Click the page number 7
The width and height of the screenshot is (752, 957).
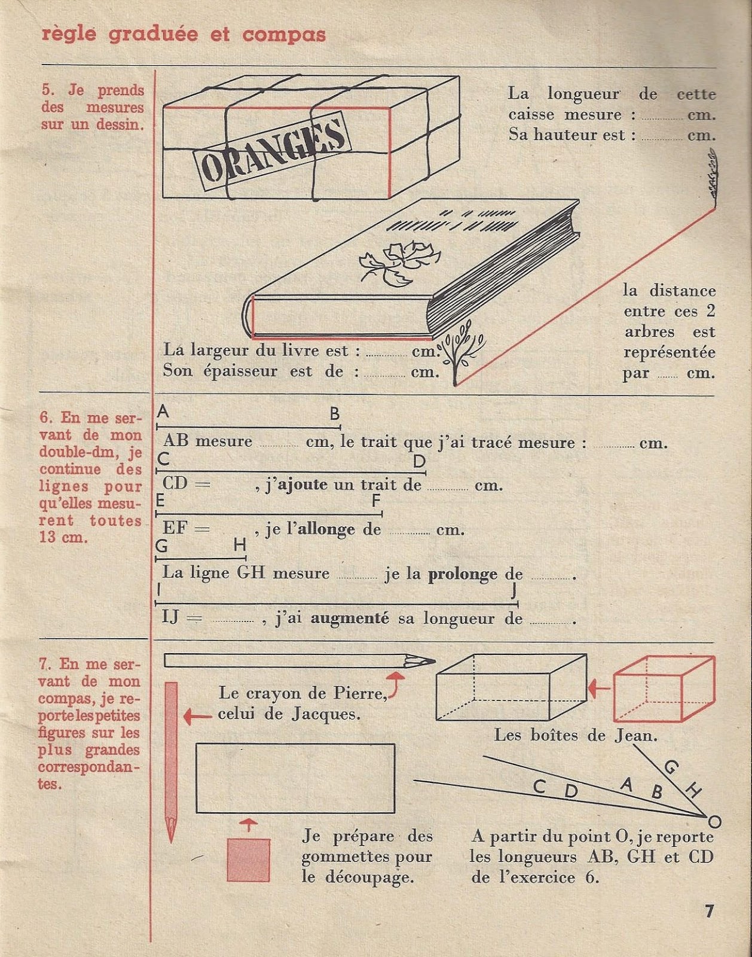click(710, 911)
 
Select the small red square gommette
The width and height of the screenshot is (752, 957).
click(248, 860)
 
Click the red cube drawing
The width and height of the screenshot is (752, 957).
click(664, 688)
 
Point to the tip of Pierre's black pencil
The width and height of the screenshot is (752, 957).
click(432, 661)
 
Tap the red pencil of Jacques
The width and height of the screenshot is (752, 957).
click(171, 760)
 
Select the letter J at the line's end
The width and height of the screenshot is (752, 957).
click(513, 591)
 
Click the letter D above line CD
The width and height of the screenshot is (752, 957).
click(419, 461)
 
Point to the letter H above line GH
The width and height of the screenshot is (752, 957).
click(239, 545)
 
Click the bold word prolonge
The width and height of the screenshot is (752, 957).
click(462, 574)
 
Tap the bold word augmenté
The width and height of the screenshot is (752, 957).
click(350, 618)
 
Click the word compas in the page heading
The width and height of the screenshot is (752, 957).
click(284, 34)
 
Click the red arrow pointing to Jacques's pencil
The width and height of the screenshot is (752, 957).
click(197, 715)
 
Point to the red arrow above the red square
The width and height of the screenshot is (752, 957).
click(248, 824)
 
